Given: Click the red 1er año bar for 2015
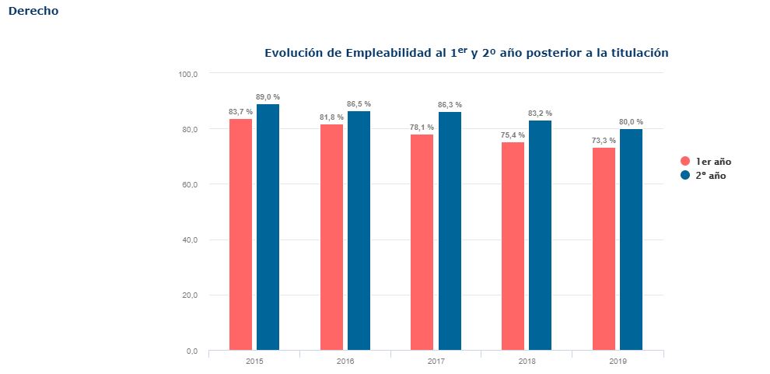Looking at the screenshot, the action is (240, 235).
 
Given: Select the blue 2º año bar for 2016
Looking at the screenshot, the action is (359, 231).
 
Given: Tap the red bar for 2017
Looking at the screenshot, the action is (422, 243).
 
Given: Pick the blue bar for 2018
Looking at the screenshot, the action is (541, 236).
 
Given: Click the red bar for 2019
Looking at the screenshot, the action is (604, 249).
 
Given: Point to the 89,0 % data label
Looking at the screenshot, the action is (268, 97).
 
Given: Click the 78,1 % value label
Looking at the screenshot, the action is (422, 127).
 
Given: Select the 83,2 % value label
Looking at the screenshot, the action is (541, 114).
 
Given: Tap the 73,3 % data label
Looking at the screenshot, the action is (604, 141).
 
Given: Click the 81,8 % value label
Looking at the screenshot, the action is (331, 117).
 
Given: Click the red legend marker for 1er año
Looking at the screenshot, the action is (685, 162).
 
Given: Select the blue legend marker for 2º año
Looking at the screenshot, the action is (685, 175).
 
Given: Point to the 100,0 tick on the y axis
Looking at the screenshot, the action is (188, 74).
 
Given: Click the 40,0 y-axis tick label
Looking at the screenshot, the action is (190, 240).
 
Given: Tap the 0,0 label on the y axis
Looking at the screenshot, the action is (191, 351).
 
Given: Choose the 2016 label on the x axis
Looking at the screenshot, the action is (345, 362).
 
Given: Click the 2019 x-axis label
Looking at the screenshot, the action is (618, 362).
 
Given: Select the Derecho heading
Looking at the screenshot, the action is (33, 11).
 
